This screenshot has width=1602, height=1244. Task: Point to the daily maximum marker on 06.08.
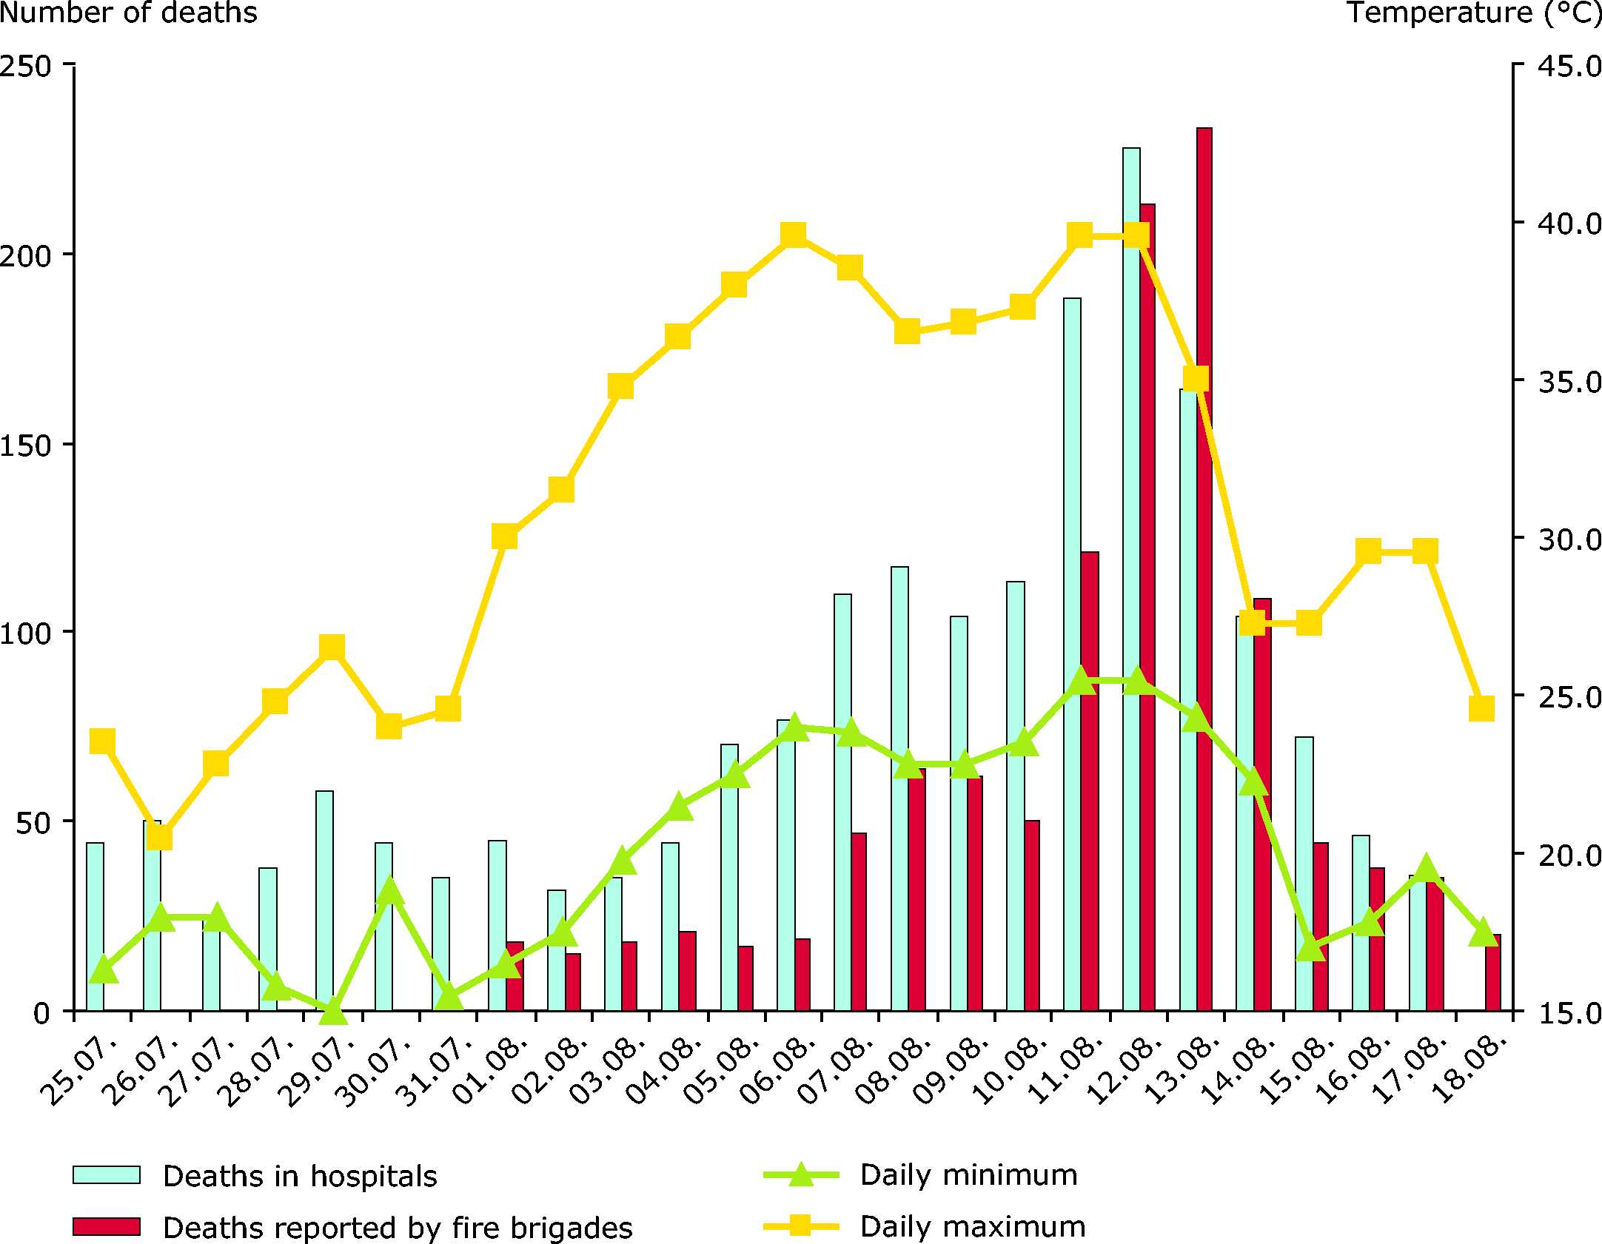pos(793,235)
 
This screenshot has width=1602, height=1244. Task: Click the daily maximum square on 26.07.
pos(159,837)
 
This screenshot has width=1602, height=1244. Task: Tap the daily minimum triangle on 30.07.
pos(390,891)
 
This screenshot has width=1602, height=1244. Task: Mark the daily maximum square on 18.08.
pos(1481,708)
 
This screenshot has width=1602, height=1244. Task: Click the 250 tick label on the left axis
pos(27,66)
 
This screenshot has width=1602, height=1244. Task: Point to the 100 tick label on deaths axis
pos(27,633)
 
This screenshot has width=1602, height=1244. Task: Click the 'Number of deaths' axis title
pos(128,13)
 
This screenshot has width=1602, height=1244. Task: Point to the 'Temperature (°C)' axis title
pos(1473,13)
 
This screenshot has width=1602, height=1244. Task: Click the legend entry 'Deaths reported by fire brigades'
pos(398,1228)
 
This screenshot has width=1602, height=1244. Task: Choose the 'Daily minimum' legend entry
pos(968,1175)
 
